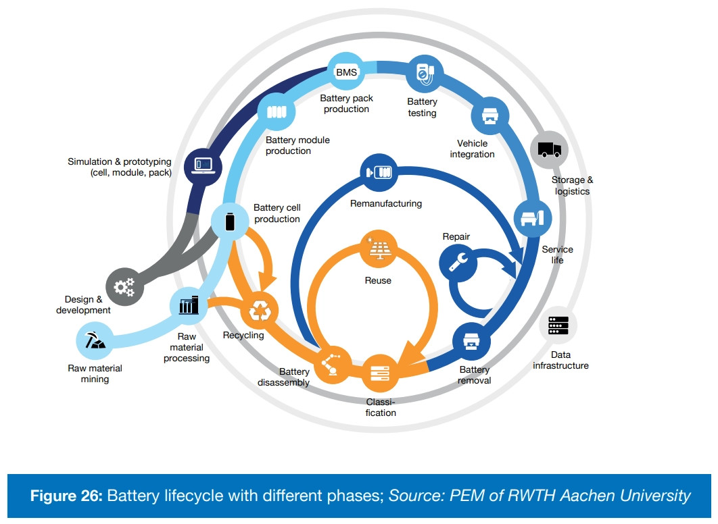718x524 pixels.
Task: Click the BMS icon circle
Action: (x=346, y=72)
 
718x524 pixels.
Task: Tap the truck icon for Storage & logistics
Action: (x=549, y=150)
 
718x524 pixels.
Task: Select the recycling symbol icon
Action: (x=260, y=311)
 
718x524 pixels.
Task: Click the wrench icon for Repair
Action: (x=458, y=262)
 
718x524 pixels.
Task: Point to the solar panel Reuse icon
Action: (x=377, y=249)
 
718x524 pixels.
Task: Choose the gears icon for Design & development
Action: (x=124, y=286)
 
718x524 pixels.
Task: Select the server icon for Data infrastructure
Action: (x=558, y=326)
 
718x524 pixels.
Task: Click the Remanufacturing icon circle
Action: (x=379, y=172)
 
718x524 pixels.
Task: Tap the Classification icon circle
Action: (x=379, y=373)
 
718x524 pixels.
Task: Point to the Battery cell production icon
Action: (x=230, y=221)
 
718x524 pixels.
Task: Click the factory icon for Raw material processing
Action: (x=189, y=306)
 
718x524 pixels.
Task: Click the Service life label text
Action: (x=557, y=255)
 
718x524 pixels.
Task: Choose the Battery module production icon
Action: (x=277, y=112)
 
